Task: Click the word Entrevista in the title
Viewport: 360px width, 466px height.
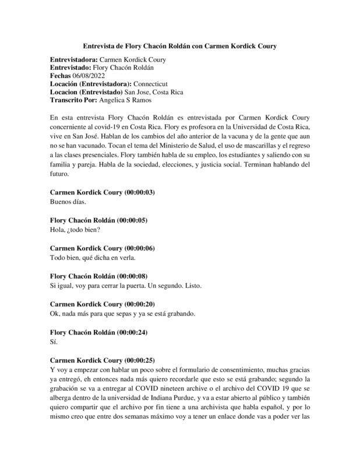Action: pyautogui.click(x=96, y=45)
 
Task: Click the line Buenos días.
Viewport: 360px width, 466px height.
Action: pyautogui.click(x=68, y=202)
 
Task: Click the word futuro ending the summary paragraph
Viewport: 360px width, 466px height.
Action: pyautogui.click(x=60, y=174)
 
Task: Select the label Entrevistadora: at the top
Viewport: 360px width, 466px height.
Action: pyautogui.click(x=75, y=59)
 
